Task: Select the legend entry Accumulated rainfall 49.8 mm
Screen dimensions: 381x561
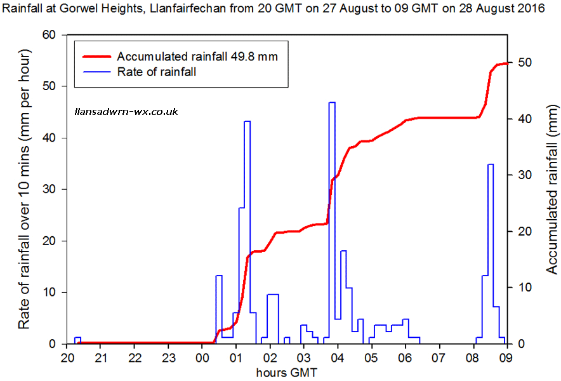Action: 197,56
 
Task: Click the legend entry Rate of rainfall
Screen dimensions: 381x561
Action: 156,72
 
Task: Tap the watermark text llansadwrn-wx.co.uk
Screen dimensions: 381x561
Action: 126,111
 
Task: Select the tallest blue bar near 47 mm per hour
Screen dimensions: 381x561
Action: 332,222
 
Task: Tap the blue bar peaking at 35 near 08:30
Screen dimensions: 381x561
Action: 490,254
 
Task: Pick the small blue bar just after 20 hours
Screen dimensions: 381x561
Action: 77,340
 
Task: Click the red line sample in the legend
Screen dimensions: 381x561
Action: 95,56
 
